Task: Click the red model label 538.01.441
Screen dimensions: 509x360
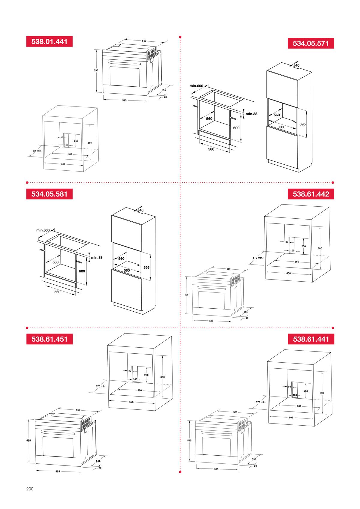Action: tap(49, 41)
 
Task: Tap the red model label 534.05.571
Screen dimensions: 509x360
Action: tap(310, 43)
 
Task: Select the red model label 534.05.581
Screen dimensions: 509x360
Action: tap(49, 194)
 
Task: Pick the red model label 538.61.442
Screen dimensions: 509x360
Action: tap(310, 194)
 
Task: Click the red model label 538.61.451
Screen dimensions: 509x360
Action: tap(49, 339)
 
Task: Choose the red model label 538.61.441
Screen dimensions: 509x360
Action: tap(310, 339)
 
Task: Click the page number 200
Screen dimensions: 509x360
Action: tap(30, 489)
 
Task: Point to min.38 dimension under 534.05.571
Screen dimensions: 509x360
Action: tap(251, 114)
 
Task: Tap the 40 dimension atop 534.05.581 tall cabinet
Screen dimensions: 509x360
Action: tap(141, 210)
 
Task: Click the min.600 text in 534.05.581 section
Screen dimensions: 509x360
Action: tap(43, 230)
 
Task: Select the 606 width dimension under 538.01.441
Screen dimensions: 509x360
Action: tap(63, 164)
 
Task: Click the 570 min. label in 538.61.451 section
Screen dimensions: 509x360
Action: tap(101, 387)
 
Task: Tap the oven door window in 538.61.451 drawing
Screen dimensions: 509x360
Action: tap(58, 450)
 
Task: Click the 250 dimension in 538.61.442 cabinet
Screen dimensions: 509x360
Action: tap(303, 246)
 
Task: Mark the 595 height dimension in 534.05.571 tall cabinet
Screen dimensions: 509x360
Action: tap(302, 124)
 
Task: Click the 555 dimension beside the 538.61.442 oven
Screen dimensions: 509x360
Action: tap(246, 312)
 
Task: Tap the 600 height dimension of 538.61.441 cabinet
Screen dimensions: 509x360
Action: tap(322, 393)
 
